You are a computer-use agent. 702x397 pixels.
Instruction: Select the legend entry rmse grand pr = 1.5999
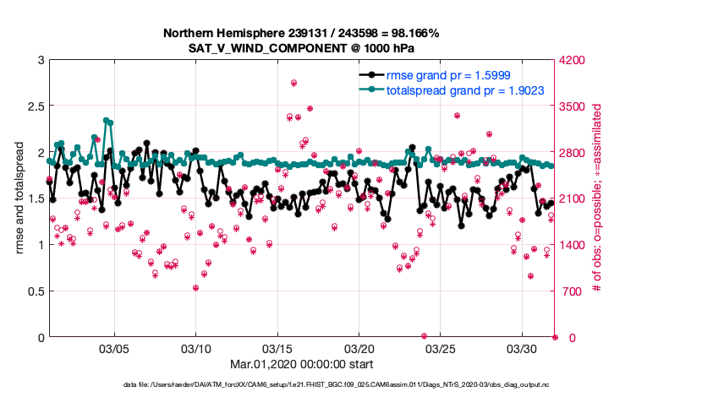tap(447, 74)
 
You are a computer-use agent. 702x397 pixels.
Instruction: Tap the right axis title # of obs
tap(596, 198)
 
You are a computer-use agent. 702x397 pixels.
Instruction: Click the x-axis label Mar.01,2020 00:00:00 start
tap(300, 365)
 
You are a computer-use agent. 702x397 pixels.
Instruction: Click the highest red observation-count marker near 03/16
tap(293, 83)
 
